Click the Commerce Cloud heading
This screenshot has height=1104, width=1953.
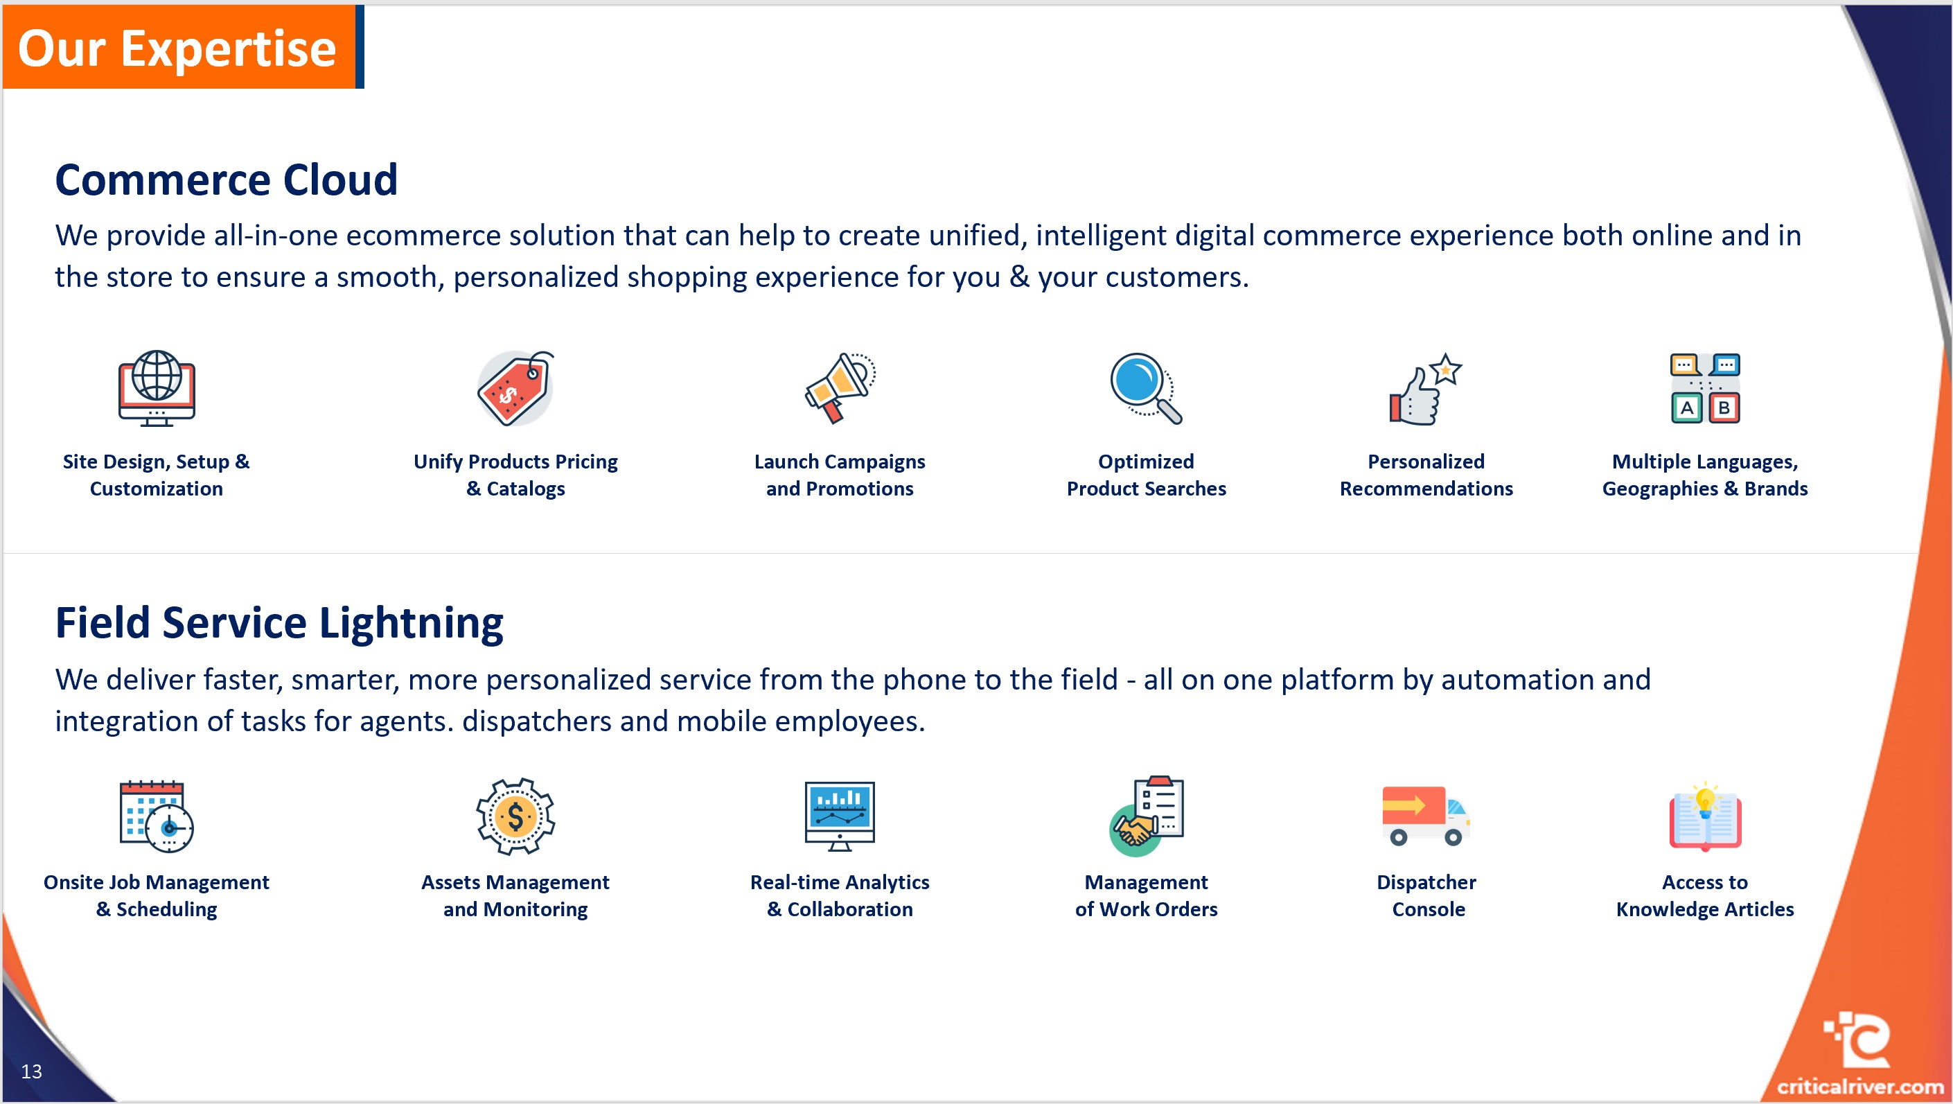tap(226, 179)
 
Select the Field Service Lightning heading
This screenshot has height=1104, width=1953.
tap(279, 622)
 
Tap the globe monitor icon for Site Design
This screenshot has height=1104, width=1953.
tap(156, 387)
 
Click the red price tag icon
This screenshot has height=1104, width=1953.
tap(515, 389)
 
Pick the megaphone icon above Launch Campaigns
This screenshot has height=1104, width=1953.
tap(839, 387)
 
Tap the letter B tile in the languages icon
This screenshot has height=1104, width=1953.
tap(1724, 408)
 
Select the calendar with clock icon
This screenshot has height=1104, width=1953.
tap(156, 816)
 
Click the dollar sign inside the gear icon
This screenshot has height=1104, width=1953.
tap(515, 817)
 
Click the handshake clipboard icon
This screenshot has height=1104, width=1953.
tap(1146, 816)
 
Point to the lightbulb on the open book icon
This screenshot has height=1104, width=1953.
tap(1704, 800)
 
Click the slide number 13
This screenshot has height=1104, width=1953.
tap(31, 1071)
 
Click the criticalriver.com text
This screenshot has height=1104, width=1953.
tap(1859, 1087)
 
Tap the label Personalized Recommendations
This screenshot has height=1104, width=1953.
tap(1426, 475)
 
